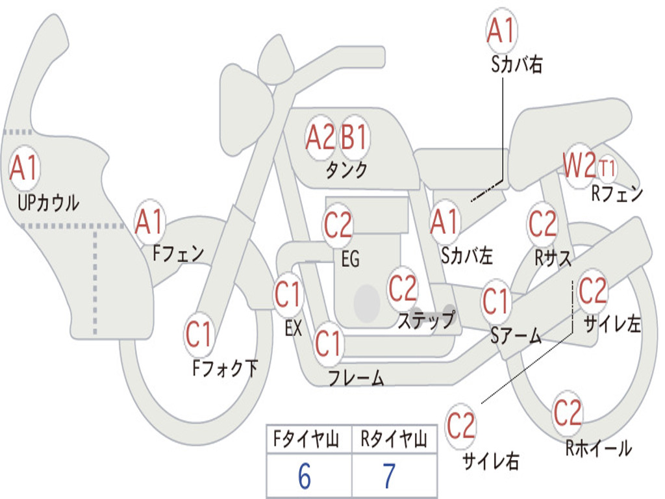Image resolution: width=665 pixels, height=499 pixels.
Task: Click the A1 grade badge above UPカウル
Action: pos(25,168)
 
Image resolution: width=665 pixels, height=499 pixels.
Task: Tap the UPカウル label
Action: pos(49,202)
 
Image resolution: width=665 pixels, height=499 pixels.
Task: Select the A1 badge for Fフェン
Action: pos(150,222)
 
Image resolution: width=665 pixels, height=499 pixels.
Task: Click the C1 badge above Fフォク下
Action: pos(199,335)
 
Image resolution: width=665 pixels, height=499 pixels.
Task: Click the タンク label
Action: pos(346,170)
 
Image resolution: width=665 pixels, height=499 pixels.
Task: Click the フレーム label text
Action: pos(356,377)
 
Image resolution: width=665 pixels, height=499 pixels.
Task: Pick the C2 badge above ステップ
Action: pos(403,288)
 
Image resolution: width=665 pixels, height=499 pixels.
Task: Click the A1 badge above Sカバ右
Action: pos(501,31)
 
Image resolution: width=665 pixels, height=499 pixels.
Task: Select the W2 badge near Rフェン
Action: pos(579,167)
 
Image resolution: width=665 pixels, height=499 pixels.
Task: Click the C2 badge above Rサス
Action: pos(542,224)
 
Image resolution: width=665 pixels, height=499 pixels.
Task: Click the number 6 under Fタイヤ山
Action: pos(304,478)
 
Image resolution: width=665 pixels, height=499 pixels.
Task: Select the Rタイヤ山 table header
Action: pos(394,441)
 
